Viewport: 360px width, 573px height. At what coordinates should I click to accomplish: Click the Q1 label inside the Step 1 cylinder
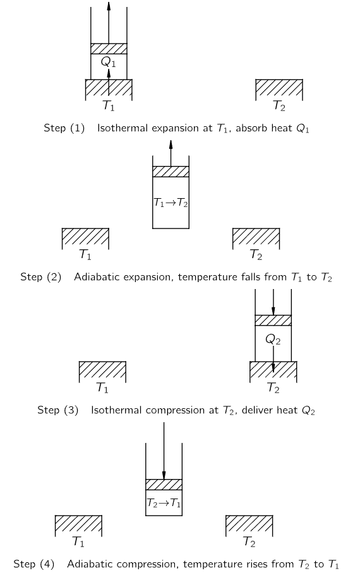point(108,62)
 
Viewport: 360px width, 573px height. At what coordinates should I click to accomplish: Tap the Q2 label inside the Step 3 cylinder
point(273,340)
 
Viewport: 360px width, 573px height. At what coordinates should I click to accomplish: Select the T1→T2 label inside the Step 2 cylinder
point(171,203)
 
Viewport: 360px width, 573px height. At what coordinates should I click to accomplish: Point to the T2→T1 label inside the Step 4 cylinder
point(164,503)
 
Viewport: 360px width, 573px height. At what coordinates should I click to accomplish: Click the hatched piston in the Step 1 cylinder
point(109,49)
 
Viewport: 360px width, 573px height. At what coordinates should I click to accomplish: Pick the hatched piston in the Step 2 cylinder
point(171,172)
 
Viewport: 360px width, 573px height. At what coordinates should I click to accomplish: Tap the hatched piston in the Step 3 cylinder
point(273,320)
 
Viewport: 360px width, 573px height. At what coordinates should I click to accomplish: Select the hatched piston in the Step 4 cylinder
point(164,485)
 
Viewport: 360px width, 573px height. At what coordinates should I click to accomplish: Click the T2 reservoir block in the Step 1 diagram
point(279,90)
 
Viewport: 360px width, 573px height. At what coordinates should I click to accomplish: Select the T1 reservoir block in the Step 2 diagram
point(86,239)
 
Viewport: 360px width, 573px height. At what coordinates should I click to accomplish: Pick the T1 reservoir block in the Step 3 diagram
point(102,372)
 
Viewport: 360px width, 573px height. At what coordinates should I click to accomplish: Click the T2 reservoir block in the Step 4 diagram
point(249,526)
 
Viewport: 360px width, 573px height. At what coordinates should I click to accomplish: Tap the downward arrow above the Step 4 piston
point(164,451)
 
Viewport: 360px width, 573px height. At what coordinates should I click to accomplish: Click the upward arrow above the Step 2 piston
point(171,153)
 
